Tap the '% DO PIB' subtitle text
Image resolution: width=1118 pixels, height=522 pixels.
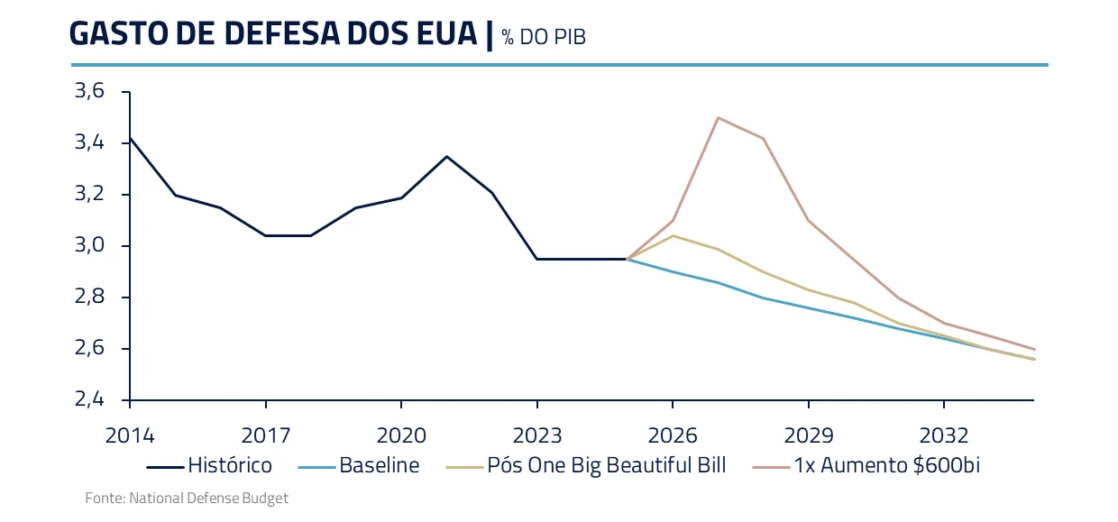point(544,37)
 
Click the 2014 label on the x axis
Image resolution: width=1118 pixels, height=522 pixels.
point(130,436)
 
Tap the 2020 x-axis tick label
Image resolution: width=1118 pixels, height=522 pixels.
point(401,436)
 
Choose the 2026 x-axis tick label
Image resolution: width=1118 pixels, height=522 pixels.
point(673,436)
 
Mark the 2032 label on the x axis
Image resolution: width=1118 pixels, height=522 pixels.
point(944,436)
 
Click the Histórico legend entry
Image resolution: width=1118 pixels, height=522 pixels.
point(209,466)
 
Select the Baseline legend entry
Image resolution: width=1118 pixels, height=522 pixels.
point(359,466)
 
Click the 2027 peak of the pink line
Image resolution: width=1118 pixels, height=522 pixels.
point(718,117)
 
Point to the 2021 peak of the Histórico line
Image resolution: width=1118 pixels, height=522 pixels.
point(446,156)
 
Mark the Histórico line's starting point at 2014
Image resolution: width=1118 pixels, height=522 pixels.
point(131,138)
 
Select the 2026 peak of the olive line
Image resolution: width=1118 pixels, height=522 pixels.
point(673,235)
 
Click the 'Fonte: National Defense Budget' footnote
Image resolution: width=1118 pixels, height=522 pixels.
point(187,498)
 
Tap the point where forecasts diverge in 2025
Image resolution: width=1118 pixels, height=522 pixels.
point(628,259)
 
